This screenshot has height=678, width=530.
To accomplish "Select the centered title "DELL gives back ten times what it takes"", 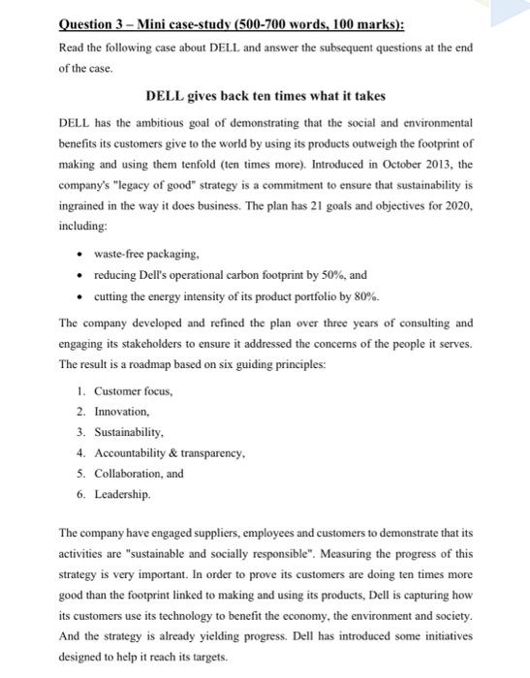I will point(265,96).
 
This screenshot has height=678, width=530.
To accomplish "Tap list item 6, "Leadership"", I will point(123,494).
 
